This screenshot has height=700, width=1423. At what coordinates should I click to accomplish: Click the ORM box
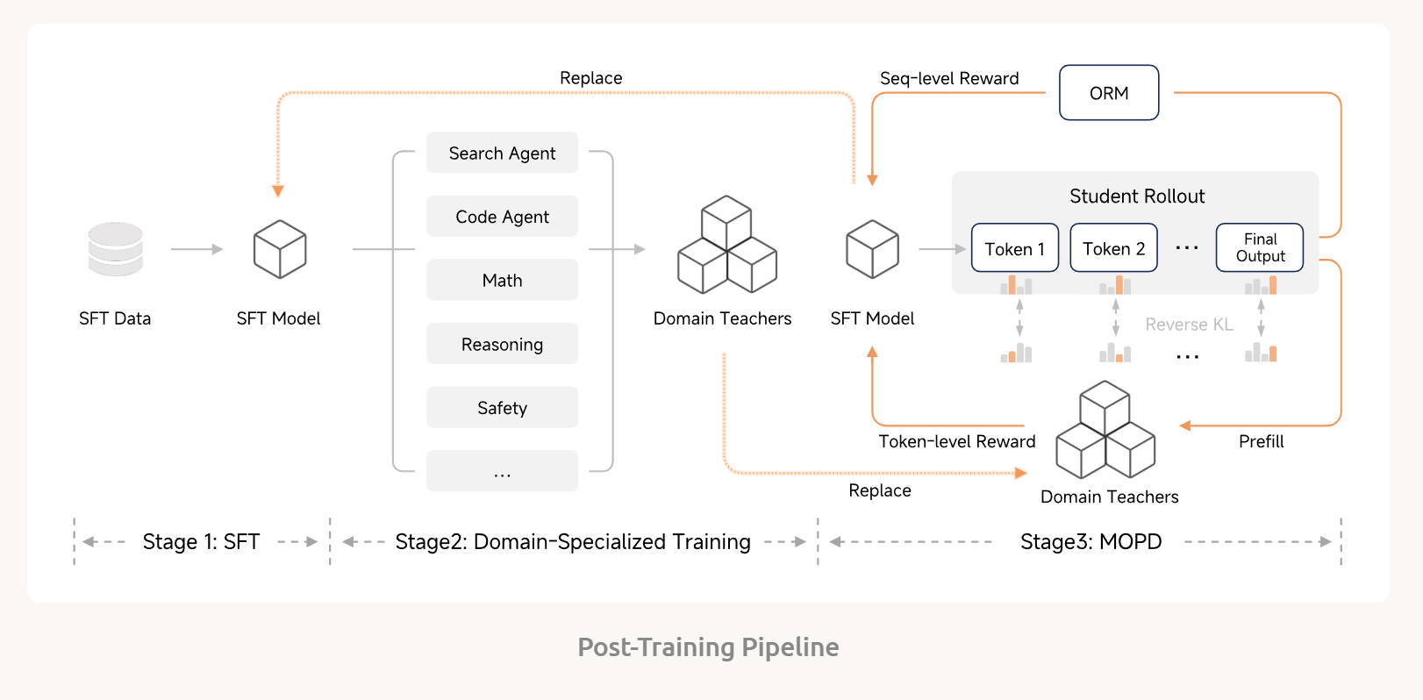click(x=1109, y=93)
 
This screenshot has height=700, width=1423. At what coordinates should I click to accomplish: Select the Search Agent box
click(x=502, y=153)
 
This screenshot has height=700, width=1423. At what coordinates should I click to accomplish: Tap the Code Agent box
click(x=502, y=217)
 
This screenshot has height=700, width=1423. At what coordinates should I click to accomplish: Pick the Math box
click(x=502, y=281)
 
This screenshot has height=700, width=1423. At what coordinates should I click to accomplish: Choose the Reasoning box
click(x=502, y=344)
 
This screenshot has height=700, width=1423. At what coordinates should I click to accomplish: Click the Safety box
click(x=502, y=408)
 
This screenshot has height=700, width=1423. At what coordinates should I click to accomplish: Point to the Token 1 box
click(x=1015, y=248)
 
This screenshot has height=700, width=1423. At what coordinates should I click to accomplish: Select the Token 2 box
click(x=1113, y=248)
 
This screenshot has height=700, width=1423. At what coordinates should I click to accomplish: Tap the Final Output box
click(x=1260, y=248)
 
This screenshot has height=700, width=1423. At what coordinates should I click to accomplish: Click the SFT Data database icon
click(x=115, y=249)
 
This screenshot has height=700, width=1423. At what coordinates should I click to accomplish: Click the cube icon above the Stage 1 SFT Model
click(x=279, y=249)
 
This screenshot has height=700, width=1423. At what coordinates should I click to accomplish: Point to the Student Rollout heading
click(x=1136, y=196)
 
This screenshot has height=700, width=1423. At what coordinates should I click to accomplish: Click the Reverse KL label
click(x=1189, y=325)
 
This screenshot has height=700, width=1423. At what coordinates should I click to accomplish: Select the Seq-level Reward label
click(x=949, y=79)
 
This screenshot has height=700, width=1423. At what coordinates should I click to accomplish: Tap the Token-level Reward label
click(x=956, y=441)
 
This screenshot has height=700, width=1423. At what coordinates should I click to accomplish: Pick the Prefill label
click(x=1261, y=441)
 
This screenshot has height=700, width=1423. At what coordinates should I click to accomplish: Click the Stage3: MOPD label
click(x=1090, y=542)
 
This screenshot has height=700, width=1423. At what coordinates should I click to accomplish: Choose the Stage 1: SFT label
click(x=201, y=542)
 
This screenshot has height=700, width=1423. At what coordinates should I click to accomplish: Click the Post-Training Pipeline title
click(x=708, y=647)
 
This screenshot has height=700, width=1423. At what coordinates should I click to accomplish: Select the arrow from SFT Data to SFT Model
click(x=197, y=249)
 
